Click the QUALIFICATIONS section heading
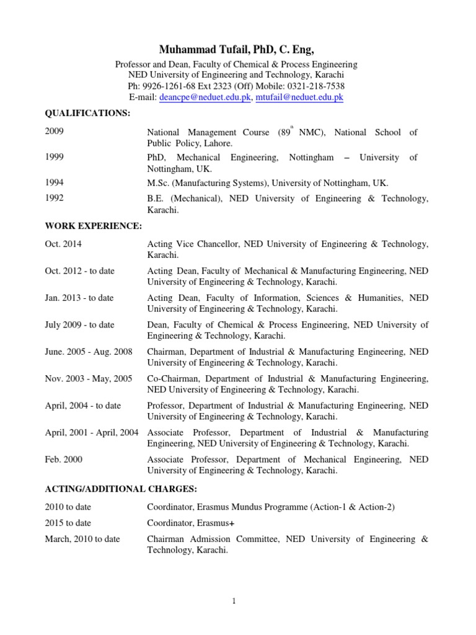pos(87,113)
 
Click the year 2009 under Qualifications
pos(55,131)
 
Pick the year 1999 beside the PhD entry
pos(55,158)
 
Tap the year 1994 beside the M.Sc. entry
pos(55,182)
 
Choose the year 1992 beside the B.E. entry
pos(55,198)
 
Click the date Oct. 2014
pos(63,244)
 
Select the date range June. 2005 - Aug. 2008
pos(89,352)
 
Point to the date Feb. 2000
pos(64,459)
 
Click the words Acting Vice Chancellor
pos(192,244)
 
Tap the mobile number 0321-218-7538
pos(315,86)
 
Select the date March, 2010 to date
pos(82,539)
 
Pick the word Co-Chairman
pos(173,378)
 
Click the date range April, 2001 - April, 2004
pos(92,432)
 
